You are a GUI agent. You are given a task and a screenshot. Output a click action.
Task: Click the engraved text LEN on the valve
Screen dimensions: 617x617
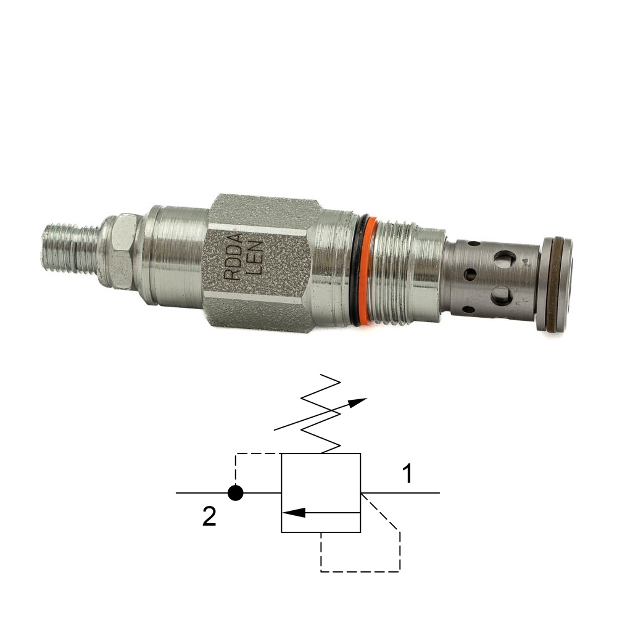tap(254, 257)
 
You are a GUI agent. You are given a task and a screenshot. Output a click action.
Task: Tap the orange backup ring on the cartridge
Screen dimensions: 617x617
tap(369, 271)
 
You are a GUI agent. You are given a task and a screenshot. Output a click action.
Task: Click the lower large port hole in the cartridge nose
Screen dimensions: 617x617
tap(502, 296)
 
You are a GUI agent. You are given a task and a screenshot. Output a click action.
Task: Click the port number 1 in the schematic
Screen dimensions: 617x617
tap(408, 473)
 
